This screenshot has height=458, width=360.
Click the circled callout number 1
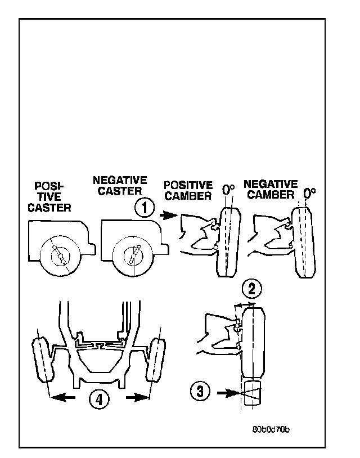tap(144, 208)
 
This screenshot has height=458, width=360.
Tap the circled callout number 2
tap(251, 290)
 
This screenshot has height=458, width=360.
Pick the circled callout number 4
tap(98, 398)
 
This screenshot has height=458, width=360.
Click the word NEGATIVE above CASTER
tap(119, 181)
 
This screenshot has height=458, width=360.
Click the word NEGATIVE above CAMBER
tap(271, 184)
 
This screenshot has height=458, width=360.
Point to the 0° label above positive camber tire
tap(228, 190)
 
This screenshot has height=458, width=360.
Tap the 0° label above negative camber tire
tap(309, 194)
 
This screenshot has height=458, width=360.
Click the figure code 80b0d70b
tap(270, 429)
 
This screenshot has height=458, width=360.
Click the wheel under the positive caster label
tap(60, 257)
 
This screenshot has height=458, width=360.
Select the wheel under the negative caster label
tap(133, 257)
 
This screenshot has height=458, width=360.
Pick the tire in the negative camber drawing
tap(305, 243)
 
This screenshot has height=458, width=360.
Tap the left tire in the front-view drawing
tap(43, 360)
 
